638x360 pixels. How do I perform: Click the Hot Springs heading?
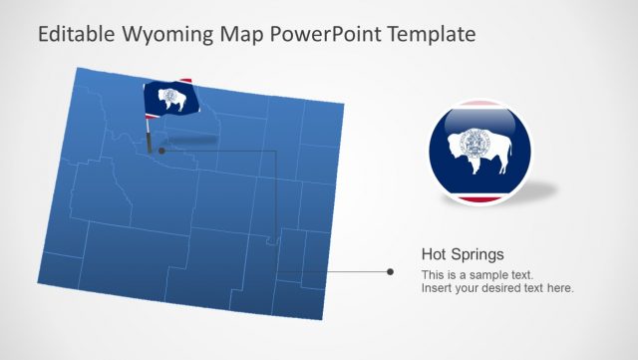coord(463,255)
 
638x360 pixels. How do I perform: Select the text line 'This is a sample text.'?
coord(477,274)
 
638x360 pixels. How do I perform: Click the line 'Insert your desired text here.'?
coord(497,288)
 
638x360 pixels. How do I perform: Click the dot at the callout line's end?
coord(390,271)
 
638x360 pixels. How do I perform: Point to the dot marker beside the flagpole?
coord(160,151)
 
